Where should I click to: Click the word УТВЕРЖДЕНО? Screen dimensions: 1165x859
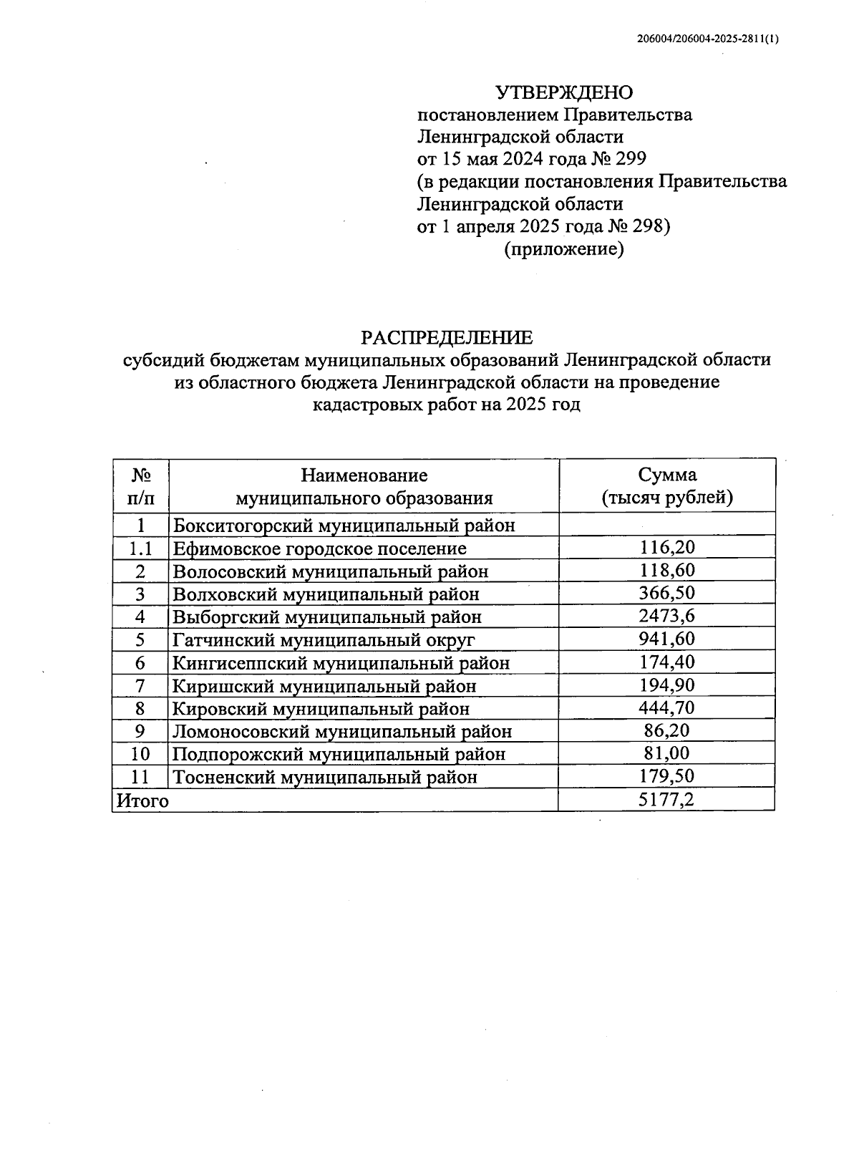click(565, 92)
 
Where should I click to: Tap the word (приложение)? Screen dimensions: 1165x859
click(564, 249)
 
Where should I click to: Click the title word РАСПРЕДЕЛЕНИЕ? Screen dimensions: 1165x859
click(447, 337)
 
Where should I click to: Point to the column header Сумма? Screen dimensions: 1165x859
click(667, 475)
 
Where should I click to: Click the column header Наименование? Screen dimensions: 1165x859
click(364, 475)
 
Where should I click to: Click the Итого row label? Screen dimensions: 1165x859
click(143, 801)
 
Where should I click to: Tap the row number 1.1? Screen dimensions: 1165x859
click(141, 548)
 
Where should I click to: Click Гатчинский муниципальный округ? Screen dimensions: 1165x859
click(324, 639)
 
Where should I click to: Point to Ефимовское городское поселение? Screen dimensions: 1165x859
click(319, 548)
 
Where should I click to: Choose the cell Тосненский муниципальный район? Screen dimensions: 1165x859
click(325, 777)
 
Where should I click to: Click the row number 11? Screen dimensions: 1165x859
click(141, 777)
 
